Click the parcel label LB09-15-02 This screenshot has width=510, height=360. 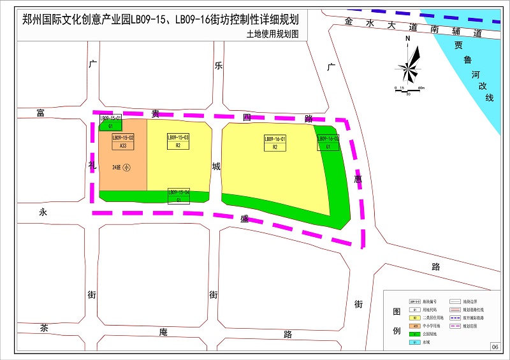tap(123, 138)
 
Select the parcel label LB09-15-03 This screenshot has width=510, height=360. tap(178, 138)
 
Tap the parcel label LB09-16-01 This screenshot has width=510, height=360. tap(275, 139)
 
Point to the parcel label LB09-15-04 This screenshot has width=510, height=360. tap(178, 192)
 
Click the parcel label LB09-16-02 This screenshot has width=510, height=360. tap(328, 139)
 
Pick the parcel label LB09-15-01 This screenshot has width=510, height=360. tap(110, 119)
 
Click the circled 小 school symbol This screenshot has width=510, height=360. tap(126, 168)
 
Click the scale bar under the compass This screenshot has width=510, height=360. tap(408, 90)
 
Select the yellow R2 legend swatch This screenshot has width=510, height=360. tap(415, 317)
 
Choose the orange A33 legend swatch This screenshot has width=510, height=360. tap(415, 326)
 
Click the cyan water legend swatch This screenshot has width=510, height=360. tap(415, 343)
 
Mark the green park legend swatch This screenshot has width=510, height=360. tap(415, 334)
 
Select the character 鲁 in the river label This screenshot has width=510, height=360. tap(467, 60)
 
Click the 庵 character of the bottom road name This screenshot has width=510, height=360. tap(163, 332)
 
